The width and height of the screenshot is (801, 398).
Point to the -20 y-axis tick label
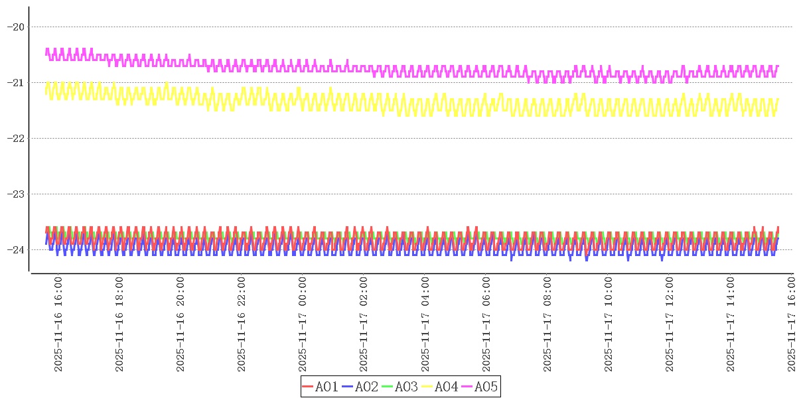[x=15, y=27]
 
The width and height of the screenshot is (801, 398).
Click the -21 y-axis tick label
[x=15, y=82]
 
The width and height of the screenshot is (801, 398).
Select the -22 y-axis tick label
[x=15, y=138]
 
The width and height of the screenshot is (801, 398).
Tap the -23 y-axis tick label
[x=15, y=194]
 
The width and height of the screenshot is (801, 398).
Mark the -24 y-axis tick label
[x=15, y=249]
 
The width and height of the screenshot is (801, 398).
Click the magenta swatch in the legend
[x=467, y=387]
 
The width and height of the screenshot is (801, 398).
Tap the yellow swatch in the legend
[x=427, y=387]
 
